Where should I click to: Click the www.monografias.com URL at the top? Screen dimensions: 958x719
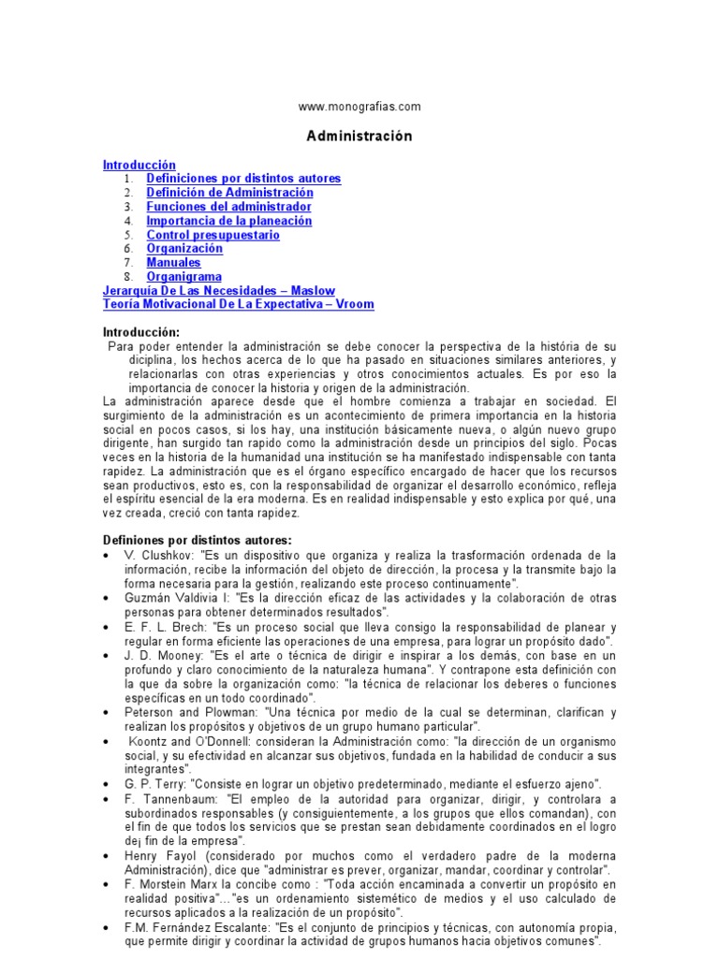pyautogui.click(x=359, y=107)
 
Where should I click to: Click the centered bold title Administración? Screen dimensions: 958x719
pyautogui.click(x=359, y=136)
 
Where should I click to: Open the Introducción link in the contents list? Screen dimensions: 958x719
pyautogui.click(x=139, y=165)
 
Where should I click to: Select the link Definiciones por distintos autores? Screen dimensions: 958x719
pyautogui.click(x=243, y=178)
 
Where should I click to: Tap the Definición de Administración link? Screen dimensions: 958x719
pyautogui.click(x=229, y=192)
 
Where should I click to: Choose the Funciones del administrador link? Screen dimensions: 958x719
pyautogui.click(x=228, y=206)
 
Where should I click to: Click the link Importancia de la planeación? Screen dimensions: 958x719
pyautogui.click(x=228, y=221)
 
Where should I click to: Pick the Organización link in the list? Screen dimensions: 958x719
pyautogui.click(x=184, y=249)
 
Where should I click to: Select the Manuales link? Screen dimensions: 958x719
pyautogui.click(x=173, y=263)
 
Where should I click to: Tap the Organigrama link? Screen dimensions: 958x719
pyautogui.click(x=183, y=277)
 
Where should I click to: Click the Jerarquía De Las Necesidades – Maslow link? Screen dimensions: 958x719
pyautogui.click(x=218, y=291)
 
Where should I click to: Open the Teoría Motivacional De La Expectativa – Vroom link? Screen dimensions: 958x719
pyautogui.click(x=238, y=305)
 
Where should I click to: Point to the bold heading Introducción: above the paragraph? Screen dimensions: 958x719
pyautogui.click(x=140, y=332)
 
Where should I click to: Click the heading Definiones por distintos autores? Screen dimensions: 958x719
pyautogui.click(x=197, y=540)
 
